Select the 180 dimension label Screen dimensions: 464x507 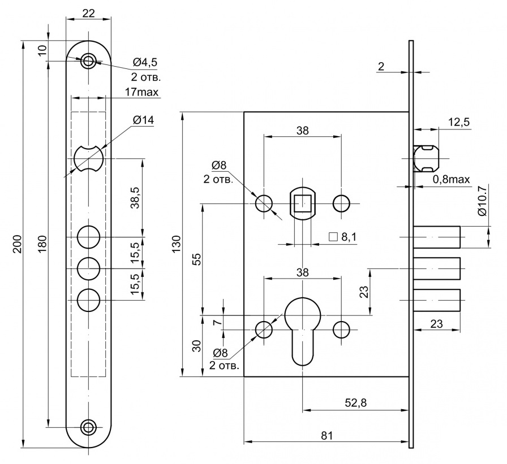click(x=42, y=243)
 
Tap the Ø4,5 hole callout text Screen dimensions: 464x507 click(x=145, y=62)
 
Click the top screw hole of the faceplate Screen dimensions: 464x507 click(x=88, y=60)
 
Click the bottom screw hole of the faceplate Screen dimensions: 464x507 click(x=88, y=427)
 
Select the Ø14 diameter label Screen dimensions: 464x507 click(x=143, y=120)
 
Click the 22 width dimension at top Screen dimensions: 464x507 click(x=88, y=14)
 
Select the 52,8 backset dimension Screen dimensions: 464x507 click(x=356, y=402)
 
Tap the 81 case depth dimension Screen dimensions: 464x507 click(x=326, y=436)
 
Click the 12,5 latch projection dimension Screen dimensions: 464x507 click(x=458, y=123)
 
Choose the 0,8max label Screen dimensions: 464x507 click(x=452, y=179)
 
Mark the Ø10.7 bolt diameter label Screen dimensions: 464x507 click(x=482, y=201)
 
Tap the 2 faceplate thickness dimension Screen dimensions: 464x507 click(x=381, y=67)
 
